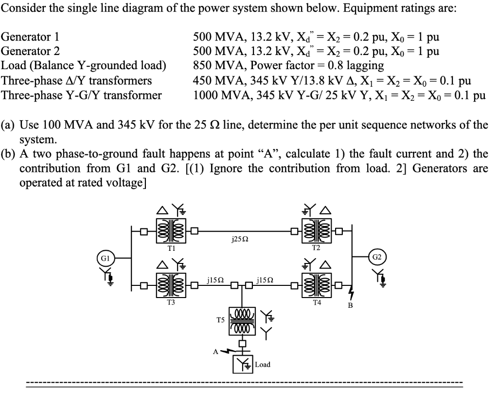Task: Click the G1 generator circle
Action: [x=103, y=257]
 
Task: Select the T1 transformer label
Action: [x=171, y=248]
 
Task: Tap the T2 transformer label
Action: [x=317, y=248]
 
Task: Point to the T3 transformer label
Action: [x=171, y=302]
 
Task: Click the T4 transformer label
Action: [x=317, y=302]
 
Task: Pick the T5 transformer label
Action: [x=220, y=320]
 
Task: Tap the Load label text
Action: [x=263, y=364]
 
